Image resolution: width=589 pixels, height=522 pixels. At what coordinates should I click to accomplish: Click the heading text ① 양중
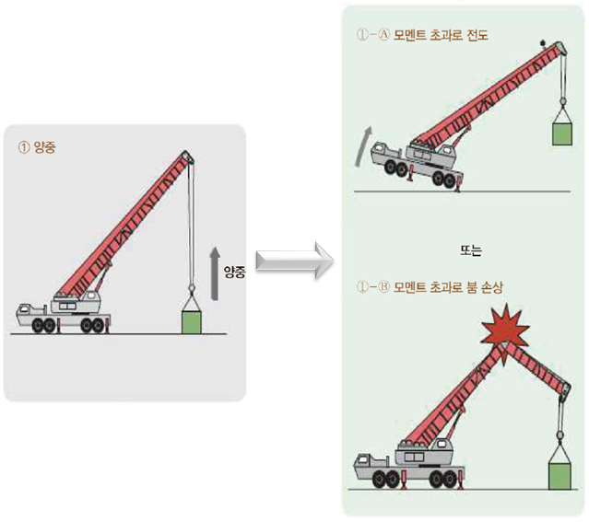[x=38, y=147]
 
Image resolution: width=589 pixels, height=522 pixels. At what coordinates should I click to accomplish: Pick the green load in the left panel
[x=191, y=322]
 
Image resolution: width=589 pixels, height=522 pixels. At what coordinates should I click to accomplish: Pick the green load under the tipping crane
[x=561, y=133]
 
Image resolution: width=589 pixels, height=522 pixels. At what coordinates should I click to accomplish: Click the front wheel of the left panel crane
[x=42, y=325]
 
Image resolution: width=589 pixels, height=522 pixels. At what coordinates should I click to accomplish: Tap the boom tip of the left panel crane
[x=188, y=157]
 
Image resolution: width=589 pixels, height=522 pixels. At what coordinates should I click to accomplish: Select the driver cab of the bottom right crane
[x=370, y=460]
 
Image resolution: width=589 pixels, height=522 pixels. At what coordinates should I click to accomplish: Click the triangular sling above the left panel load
[x=191, y=303]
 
